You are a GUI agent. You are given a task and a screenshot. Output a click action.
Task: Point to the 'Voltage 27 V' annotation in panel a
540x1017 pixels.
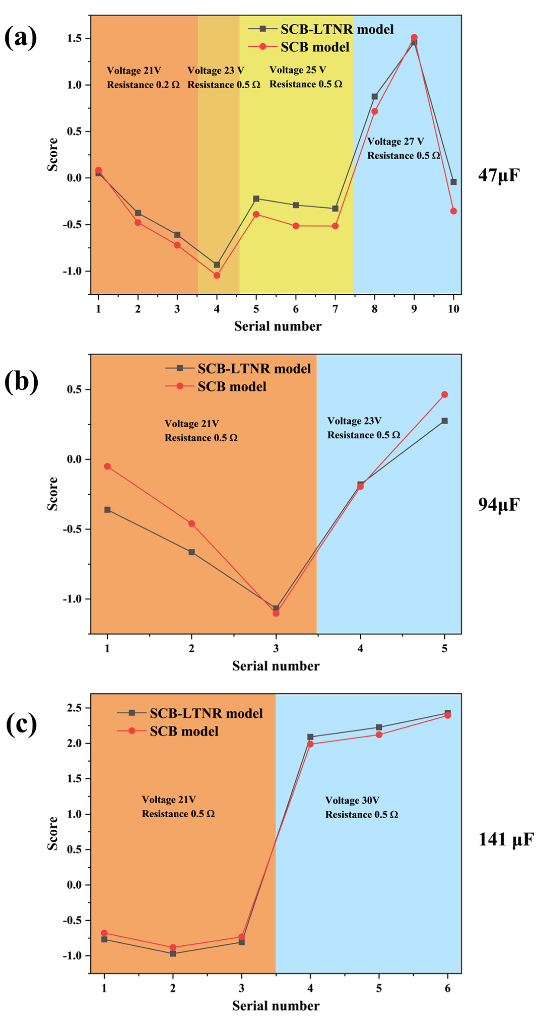(395, 141)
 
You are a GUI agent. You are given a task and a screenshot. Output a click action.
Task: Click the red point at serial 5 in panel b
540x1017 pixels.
(445, 395)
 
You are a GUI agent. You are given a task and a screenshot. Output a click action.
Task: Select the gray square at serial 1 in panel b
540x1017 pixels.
(107, 510)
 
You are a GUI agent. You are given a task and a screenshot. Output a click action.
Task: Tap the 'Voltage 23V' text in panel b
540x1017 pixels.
(354, 421)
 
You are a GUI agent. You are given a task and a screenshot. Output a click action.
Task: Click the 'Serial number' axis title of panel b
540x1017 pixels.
(276, 666)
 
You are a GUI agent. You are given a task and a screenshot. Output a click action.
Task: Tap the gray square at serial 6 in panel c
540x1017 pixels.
(447, 713)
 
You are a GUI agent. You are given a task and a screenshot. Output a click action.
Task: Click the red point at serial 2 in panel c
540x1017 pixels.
(173, 947)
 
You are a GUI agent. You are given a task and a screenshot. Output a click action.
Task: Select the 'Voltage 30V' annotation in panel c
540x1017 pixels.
(352, 800)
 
